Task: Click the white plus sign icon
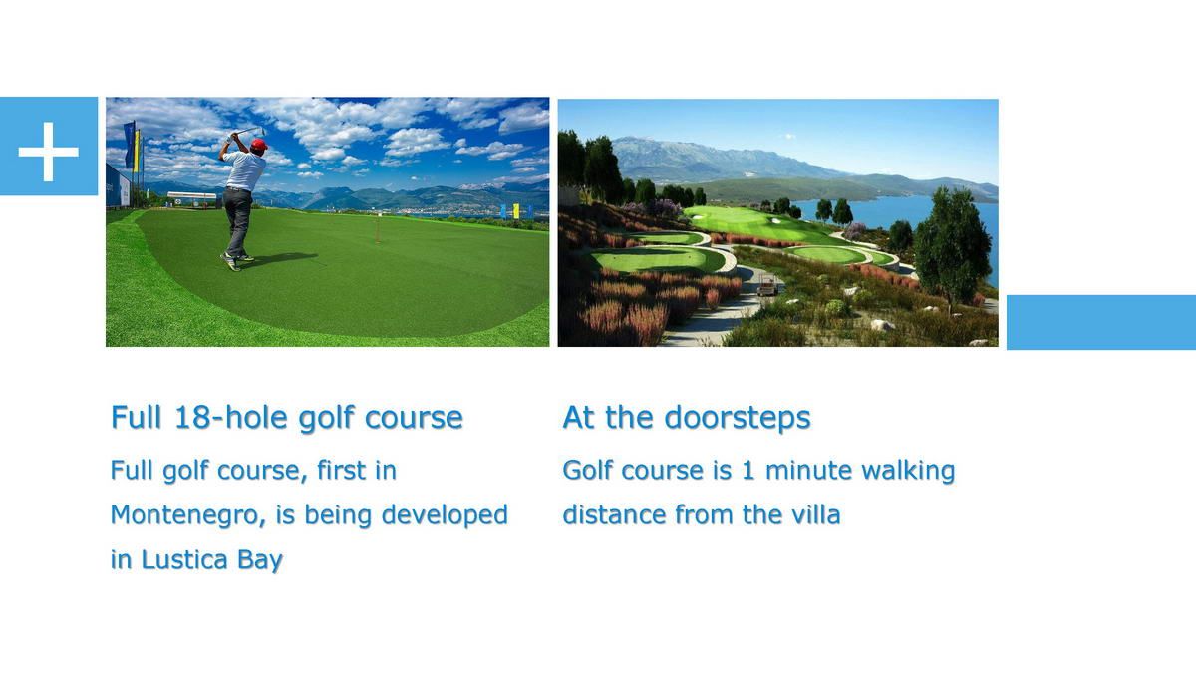click(49, 152)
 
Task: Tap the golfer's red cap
click(259, 145)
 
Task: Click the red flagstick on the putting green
click(378, 228)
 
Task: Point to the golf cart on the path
click(766, 287)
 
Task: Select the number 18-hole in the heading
click(230, 417)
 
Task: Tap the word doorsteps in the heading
click(738, 418)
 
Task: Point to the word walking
click(908, 471)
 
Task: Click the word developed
click(445, 515)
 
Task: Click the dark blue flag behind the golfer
click(129, 145)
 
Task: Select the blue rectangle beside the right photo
click(1101, 323)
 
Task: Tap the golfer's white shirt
click(245, 170)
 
